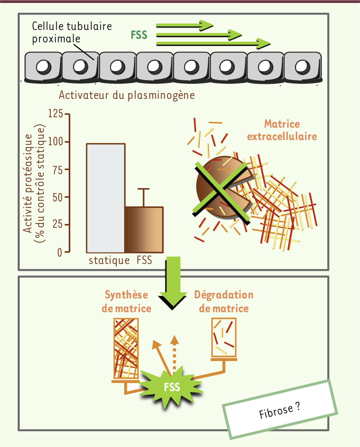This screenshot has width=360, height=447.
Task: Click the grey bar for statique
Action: [106, 198]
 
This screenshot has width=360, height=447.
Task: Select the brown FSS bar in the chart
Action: [144, 230]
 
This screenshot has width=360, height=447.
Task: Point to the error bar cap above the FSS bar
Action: [143, 189]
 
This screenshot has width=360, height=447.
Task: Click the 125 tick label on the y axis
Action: [56, 114]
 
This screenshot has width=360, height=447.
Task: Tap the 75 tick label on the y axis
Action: [58, 169]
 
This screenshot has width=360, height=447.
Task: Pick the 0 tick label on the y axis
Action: [60, 253]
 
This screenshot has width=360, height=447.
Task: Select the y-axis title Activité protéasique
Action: [28, 183]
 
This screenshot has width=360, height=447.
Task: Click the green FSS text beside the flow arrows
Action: [139, 35]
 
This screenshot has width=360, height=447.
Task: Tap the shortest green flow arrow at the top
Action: [185, 25]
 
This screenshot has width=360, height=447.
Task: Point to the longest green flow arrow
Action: [213, 44]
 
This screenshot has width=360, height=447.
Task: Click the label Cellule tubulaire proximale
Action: [72, 32]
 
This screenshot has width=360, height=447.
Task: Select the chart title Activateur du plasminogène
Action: [127, 95]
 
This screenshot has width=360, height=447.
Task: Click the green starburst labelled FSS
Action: [171, 387]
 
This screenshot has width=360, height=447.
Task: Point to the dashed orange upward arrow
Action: [174, 355]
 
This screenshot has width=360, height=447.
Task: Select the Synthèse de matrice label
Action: [127, 301]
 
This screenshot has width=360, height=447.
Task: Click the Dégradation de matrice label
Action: [224, 301]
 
